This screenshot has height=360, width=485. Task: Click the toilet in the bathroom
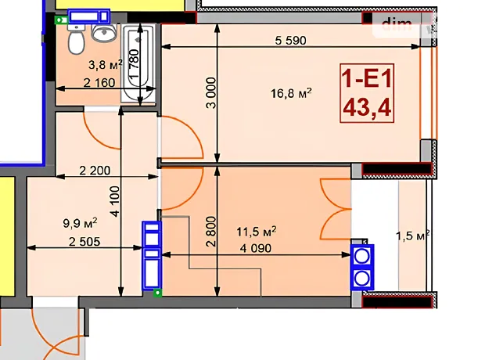tap(76, 39)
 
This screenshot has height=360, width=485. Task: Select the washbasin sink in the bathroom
tap(104, 33)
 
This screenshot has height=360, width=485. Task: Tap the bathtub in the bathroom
tap(138, 63)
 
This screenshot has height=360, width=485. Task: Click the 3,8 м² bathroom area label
tap(106, 65)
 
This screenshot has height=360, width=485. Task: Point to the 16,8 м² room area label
tap(291, 93)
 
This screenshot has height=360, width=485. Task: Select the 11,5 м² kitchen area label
tap(256, 231)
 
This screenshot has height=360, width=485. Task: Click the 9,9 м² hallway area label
tap(80, 222)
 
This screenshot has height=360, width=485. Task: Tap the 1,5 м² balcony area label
tap(412, 236)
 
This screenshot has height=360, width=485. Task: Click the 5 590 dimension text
tap(290, 40)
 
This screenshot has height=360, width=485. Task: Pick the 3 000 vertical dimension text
tap(211, 93)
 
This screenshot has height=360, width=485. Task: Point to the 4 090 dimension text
tap(256, 248)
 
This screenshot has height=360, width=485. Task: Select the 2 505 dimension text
tap(84, 242)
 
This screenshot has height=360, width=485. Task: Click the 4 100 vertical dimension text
tap(114, 201)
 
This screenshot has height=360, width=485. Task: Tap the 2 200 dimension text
tap(95, 171)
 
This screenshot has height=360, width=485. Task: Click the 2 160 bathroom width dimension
tap(99, 83)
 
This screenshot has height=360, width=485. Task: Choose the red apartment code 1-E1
tap(367, 78)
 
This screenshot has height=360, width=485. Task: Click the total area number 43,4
tap(367, 107)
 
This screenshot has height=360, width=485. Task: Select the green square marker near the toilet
tap(61, 20)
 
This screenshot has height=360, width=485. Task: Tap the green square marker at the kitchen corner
tap(158, 293)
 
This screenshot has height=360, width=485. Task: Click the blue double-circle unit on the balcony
tap(362, 267)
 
